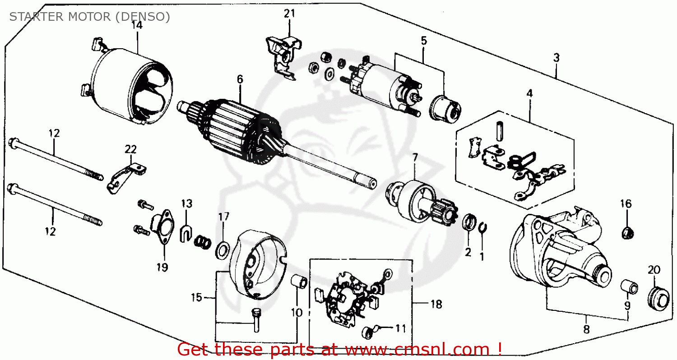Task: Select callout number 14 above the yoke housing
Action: pyautogui.click(x=136, y=25)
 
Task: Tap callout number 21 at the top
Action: pyautogui.click(x=289, y=14)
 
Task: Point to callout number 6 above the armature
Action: pyautogui.click(x=240, y=79)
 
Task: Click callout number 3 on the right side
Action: pyautogui.click(x=556, y=58)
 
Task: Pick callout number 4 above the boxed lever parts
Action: pyautogui.click(x=529, y=93)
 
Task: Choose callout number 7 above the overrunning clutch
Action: pyautogui.click(x=415, y=157)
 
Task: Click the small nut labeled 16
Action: pyautogui.click(x=626, y=233)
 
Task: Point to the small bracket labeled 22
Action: pyautogui.click(x=126, y=174)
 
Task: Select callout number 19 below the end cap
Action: pyautogui.click(x=162, y=268)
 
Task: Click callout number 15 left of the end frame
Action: pyautogui.click(x=195, y=297)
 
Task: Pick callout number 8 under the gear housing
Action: pyautogui.click(x=586, y=329)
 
